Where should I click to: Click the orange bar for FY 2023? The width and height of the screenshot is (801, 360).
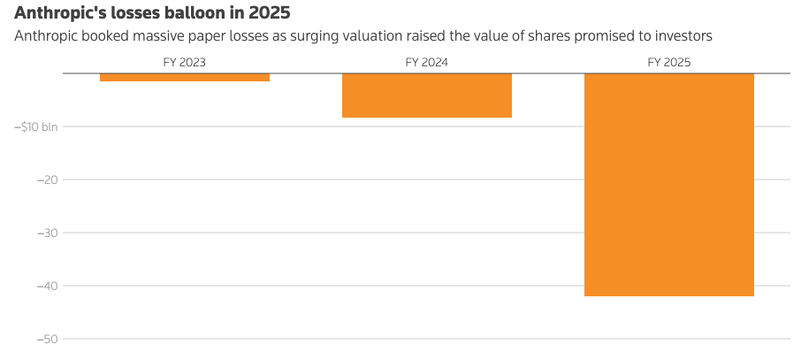click(x=185, y=77)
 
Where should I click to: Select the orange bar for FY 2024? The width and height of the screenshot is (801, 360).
click(x=426, y=96)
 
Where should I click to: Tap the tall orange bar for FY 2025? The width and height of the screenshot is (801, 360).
click(x=668, y=185)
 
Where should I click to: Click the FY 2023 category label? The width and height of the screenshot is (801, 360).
click(x=185, y=63)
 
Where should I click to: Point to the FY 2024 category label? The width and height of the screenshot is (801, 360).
click(x=426, y=63)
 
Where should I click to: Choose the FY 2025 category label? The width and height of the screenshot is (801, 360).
click(x=668, y=63)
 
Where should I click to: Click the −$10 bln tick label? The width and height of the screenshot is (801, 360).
click(x=35, y=126)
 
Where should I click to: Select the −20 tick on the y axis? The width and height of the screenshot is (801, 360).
click(x=47, y=180)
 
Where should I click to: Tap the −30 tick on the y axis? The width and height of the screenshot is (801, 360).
click(x=47, y=234)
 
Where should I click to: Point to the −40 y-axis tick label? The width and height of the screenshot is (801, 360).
click(x=47, y=287)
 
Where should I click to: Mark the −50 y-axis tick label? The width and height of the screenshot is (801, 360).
click(x=47, y=340)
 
